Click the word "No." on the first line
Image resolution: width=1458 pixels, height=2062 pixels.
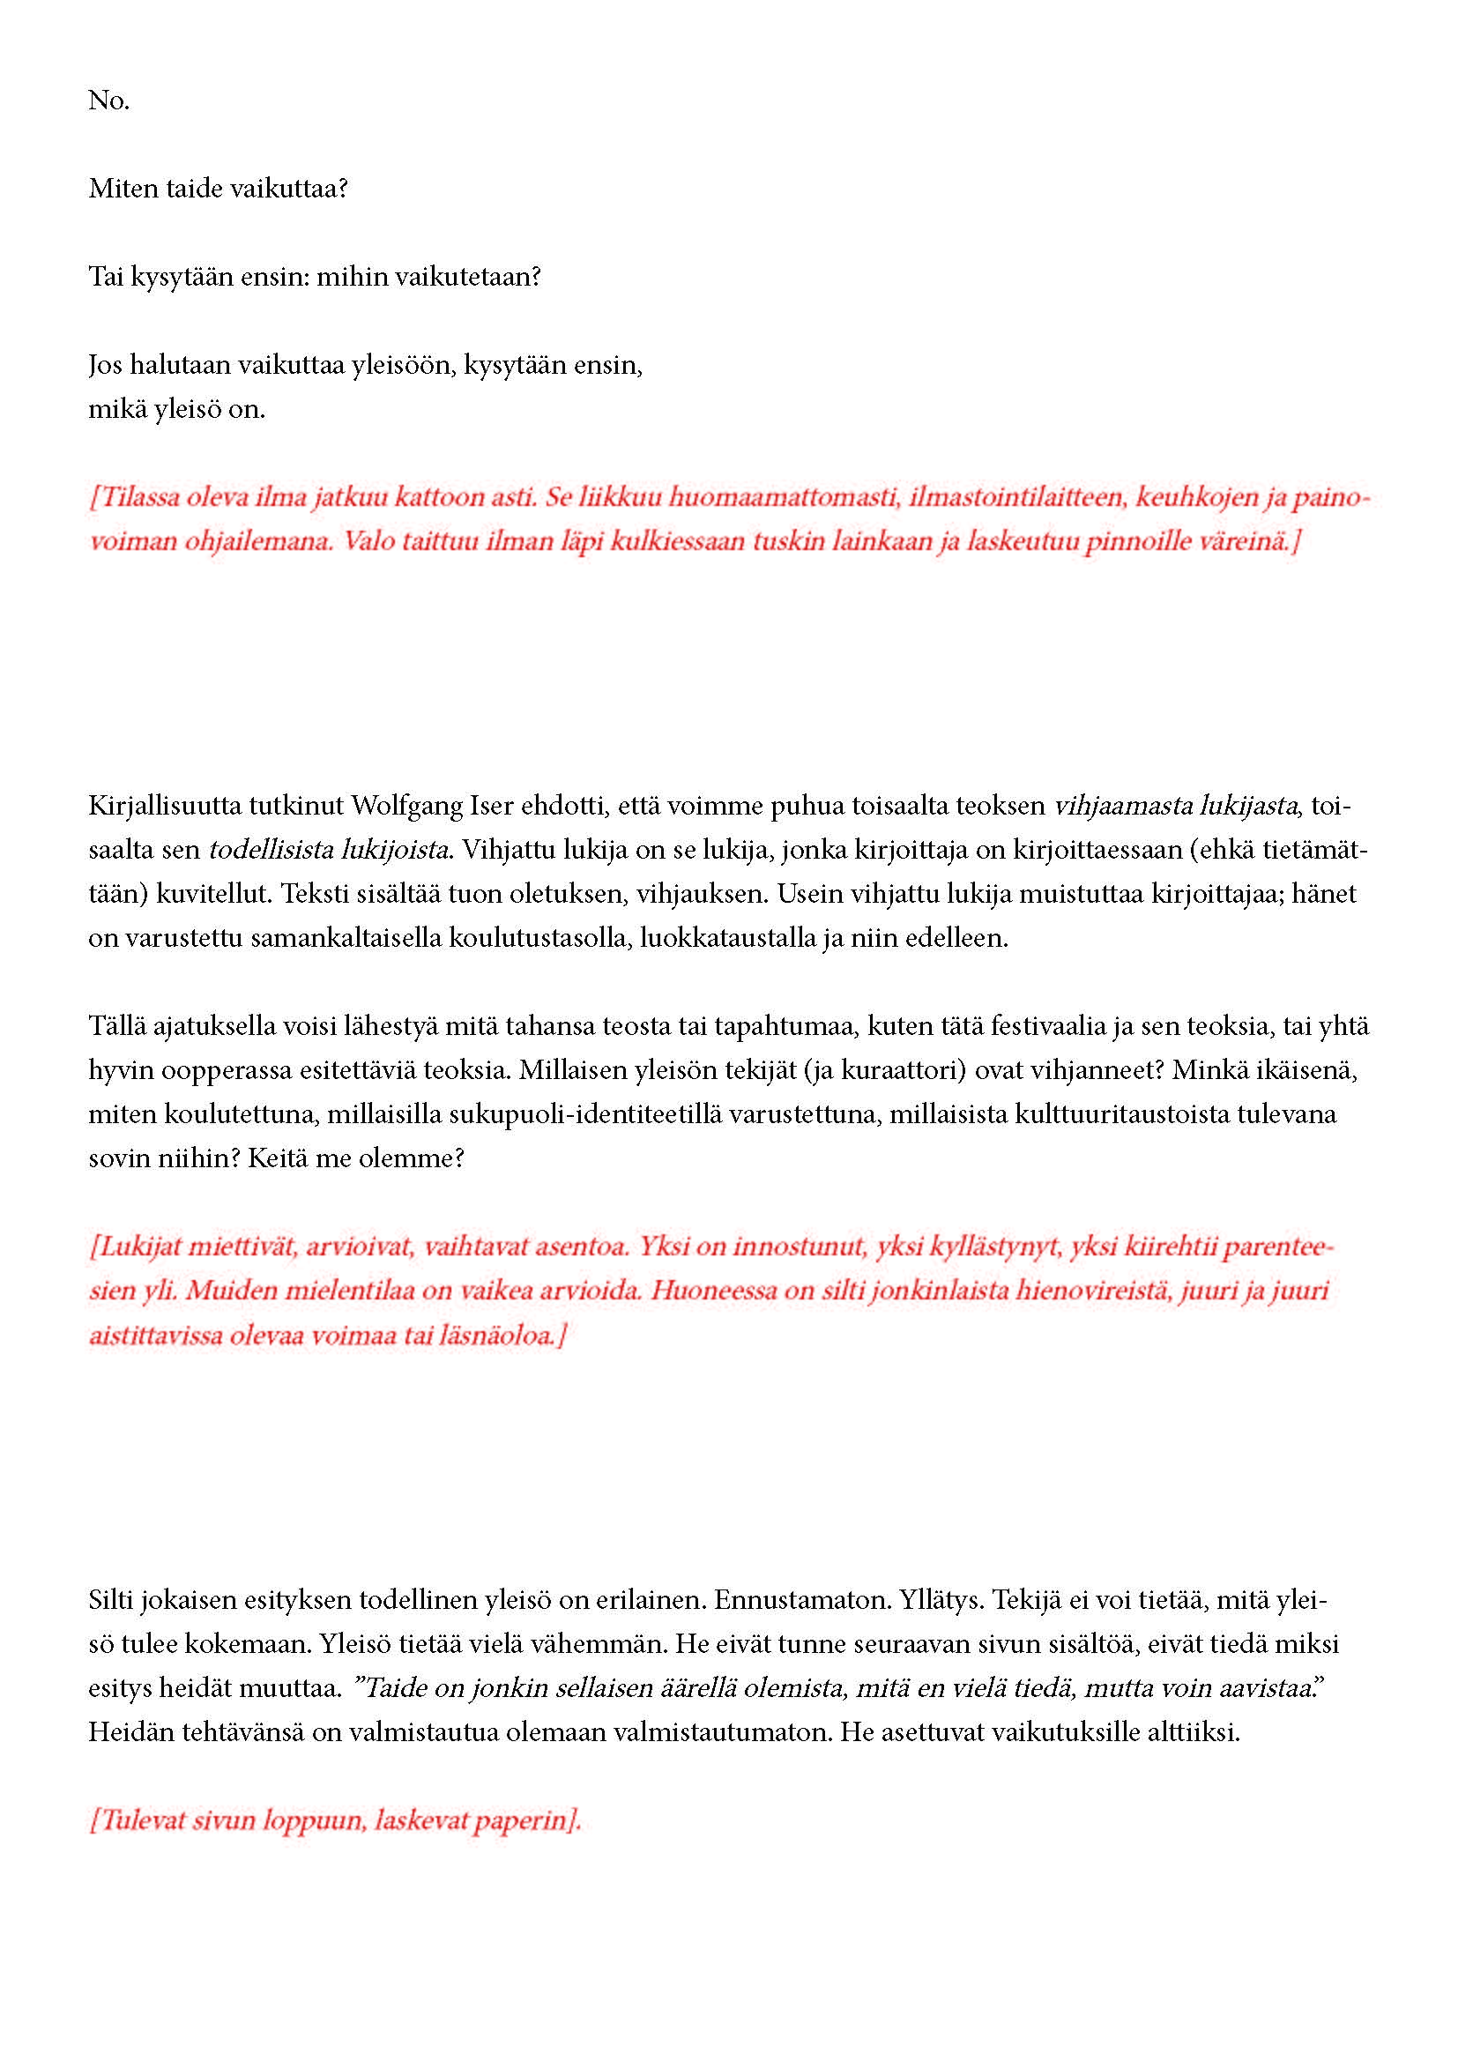[108, 100]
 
